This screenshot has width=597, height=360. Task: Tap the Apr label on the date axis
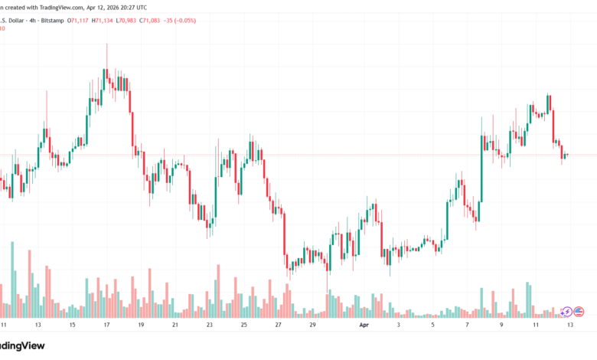pyautogui.click(x=364, y=326)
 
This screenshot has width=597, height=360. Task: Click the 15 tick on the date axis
pyautogui.click(x=72, y=326)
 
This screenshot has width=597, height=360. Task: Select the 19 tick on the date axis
pyautogui.click(x=141, y=326)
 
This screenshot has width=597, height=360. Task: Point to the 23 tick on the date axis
pyautogui.click(x=209, y=326)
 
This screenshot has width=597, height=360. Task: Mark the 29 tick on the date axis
pyautogui.click(x=312, y=326)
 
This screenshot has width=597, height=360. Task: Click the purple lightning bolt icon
pyautogui.click(x=566, y=312)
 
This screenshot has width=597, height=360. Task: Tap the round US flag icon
pyautogui.click(x=579, y=312)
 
